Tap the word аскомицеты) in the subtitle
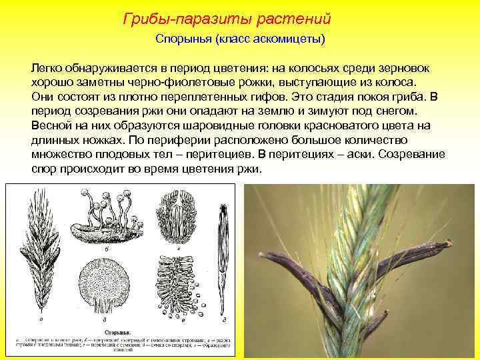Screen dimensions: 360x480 tap(292, 39)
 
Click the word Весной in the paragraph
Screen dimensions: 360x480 tap(49, 125)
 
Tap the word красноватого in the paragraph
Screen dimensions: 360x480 tap(345, 125)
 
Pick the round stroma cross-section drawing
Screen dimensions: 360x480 tap(107, 280)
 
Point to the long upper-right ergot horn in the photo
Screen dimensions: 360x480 tap(414, 256)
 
